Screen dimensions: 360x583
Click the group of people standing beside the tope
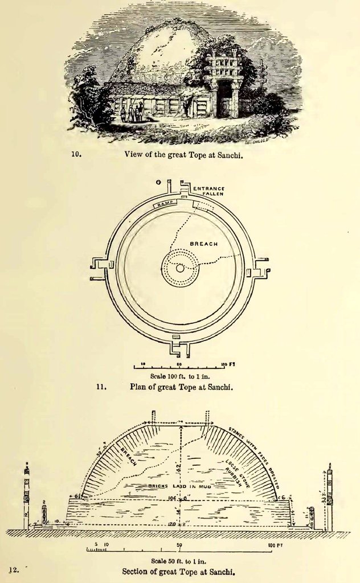[x=132, y=112]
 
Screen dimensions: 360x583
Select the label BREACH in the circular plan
[x=203, y=244]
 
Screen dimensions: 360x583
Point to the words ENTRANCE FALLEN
[x=208, y=191]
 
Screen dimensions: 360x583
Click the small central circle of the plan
[x=180, y=268]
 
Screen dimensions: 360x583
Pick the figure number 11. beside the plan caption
[x=101, y=387]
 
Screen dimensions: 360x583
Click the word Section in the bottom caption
[x=136, y=571]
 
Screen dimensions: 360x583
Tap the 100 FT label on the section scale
[x=274, y=545]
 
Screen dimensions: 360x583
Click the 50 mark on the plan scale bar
[x=179, y=363]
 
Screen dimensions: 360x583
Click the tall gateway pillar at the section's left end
[x=26, y=495]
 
